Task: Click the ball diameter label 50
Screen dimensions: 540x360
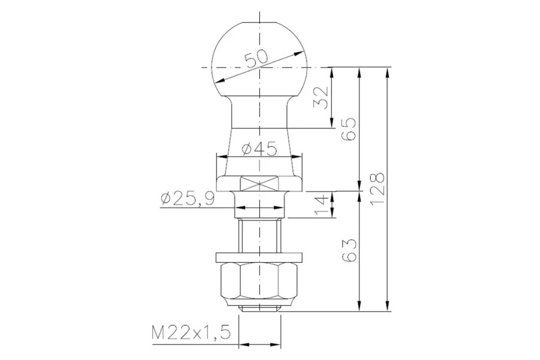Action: coord(256,59)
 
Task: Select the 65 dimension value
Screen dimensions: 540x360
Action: coord(348,129)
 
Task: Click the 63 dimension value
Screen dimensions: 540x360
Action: coord(348,250)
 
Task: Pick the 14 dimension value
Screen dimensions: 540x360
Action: coord(320,205)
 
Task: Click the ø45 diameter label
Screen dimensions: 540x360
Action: coord(259,149)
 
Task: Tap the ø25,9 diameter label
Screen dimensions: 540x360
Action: coord(188,199)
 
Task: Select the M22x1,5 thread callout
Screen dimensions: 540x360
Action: coord(191,333)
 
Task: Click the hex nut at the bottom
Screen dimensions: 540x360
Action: coord(260,283)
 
